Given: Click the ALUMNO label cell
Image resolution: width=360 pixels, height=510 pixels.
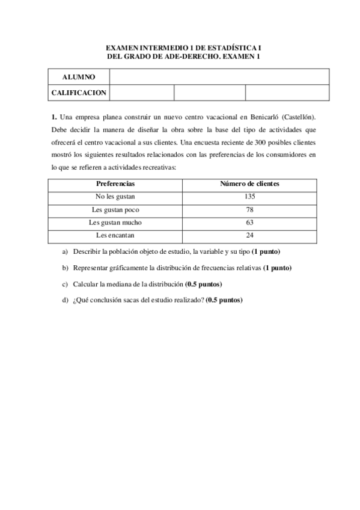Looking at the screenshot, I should [x=79, y=77].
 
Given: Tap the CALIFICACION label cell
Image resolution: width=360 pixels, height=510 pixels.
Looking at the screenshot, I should [x=79, y=93].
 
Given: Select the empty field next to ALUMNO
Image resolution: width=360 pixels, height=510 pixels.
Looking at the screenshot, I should [x=219, y=77].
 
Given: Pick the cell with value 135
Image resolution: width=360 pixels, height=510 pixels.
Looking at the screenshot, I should [x=250, y=196].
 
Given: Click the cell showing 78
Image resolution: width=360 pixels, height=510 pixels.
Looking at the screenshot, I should [x=250, y=209].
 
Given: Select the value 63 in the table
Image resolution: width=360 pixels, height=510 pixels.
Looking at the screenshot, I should [x=250, y=222].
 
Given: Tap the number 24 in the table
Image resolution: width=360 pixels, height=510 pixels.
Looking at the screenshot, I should [x=250, y=235].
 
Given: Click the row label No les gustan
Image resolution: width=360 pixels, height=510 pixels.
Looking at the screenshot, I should [x=115, y=196].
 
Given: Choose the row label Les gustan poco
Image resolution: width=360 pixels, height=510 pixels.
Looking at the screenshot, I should [x=115, y=209].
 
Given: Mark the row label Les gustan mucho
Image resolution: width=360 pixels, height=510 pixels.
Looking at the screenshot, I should [x=115, y=222].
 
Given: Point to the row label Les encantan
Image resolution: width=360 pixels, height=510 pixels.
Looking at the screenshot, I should [x=115, y=235].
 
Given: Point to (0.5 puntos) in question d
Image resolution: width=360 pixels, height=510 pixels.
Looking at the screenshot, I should [x=224, y=300].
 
